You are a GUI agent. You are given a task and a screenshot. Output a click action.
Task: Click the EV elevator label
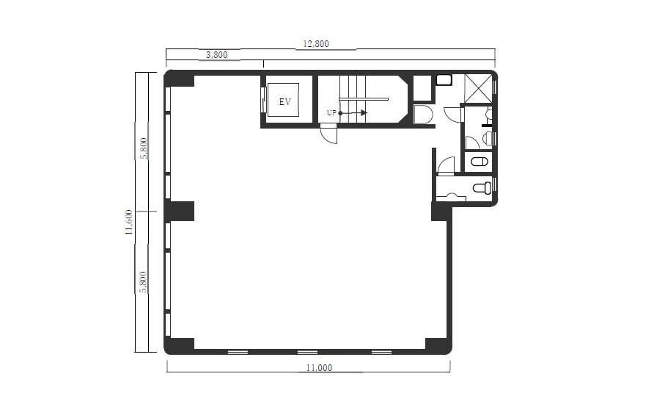click(285, 101)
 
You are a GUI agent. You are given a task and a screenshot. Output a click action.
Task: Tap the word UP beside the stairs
click(331, 113)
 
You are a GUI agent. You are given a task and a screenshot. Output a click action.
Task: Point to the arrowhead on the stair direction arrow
click(364, 113)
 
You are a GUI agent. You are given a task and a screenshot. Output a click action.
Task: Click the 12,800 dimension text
click(316, 43)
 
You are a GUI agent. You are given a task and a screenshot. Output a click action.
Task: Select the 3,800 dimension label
click(217, 55)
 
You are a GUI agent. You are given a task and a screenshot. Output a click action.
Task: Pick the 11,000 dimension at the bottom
click(319, 368)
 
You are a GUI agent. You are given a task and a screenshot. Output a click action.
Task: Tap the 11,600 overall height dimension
click(129, 222)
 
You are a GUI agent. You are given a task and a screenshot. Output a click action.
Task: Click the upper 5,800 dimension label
click(144, 148)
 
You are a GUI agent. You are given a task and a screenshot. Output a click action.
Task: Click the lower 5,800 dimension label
click(143, 282)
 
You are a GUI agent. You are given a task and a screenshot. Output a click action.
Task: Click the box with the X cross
click(478, 88)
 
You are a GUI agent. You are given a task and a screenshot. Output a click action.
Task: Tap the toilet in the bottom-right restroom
click(482, 188)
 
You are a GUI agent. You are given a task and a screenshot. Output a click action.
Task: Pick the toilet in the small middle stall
click(480, 162)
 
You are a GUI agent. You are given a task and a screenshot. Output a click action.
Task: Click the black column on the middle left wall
click(180, 212)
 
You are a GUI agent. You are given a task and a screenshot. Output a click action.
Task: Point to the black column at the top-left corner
click(180, 79)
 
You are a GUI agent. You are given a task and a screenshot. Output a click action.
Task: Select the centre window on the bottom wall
click(307, 353)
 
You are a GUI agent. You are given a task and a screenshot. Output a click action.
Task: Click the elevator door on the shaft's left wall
click(263, 100)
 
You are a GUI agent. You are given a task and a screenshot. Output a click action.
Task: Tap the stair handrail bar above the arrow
click(364, 99)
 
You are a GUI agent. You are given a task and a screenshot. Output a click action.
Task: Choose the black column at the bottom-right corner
click(438, 345)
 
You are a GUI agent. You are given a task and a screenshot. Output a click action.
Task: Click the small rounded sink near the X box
click(444, 80)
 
